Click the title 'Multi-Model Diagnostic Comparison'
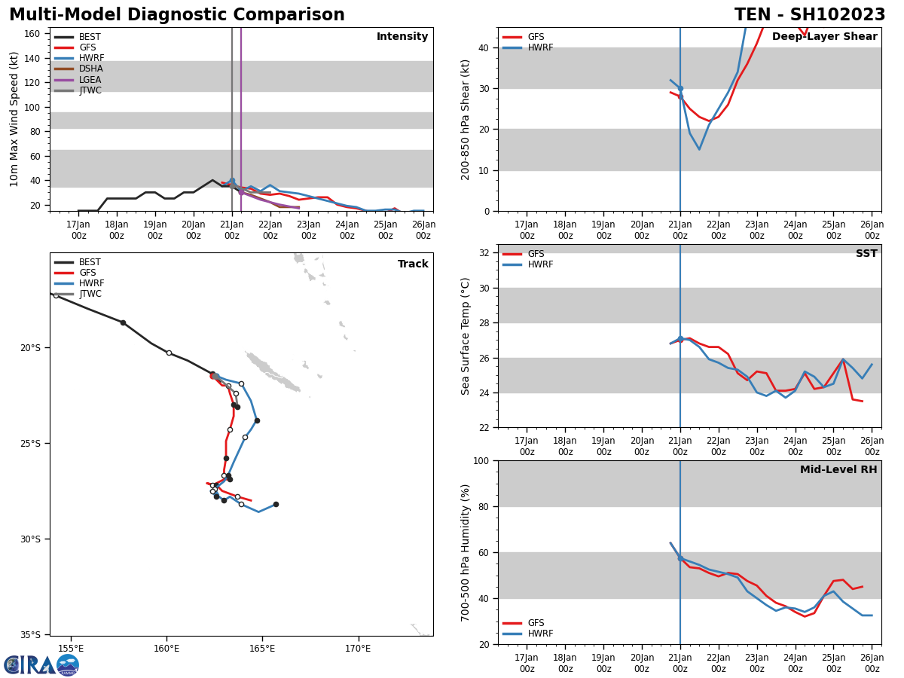pos(177,15)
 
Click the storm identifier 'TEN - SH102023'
pos(810,15)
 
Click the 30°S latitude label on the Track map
pos(29,539)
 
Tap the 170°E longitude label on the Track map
pos(358,649)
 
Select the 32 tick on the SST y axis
pos(484,253)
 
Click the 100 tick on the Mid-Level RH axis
pos(481,460)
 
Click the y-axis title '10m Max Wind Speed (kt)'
pos(15,119)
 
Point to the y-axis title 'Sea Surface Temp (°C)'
pos(466,336)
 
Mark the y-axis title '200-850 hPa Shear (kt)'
pos(466,119)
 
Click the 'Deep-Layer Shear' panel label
pos(824,37)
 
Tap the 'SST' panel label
pos(866,254)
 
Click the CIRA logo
pos(41,665)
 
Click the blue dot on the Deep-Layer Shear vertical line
pos(680,88)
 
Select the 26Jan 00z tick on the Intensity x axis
pos(423,229)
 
